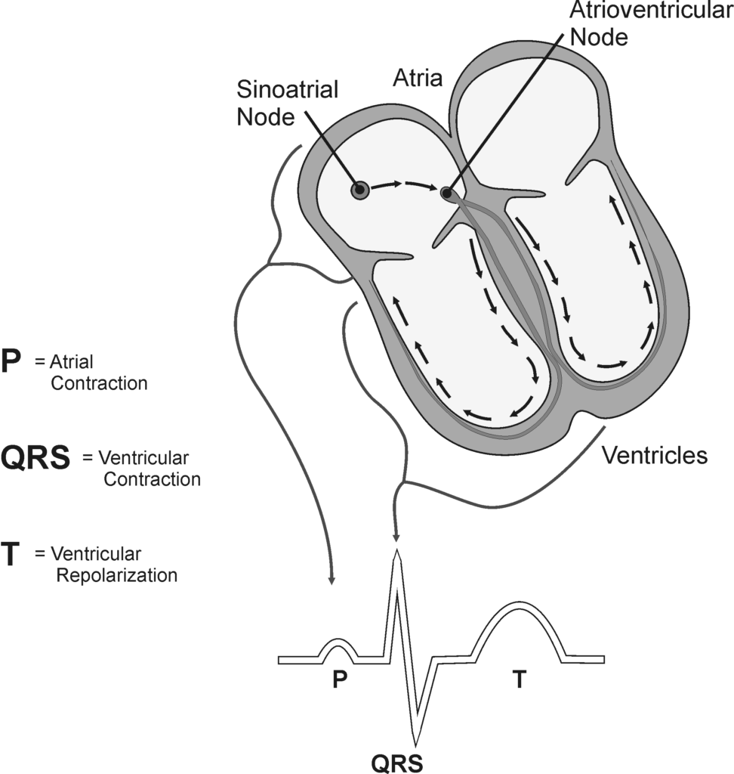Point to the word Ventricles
click(655, 456)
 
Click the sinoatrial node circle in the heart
click(360, 190)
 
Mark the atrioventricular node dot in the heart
click(447, 193)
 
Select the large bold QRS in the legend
click(35, 458)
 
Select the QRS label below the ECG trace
click(397, 760)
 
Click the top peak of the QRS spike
click(396, 556)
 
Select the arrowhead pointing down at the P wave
click(331, 580)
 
